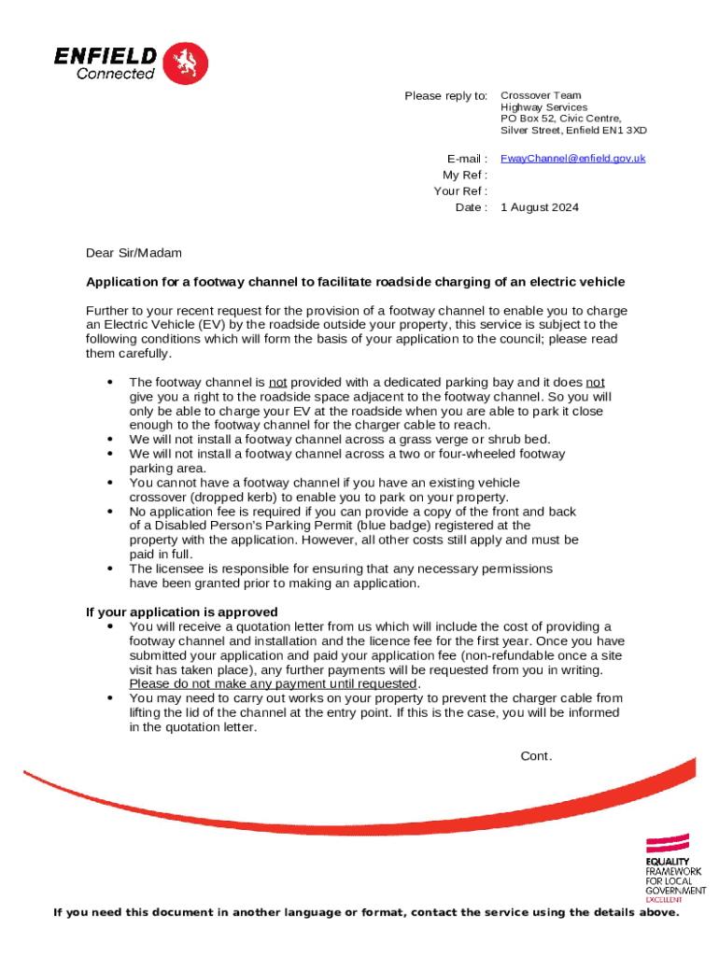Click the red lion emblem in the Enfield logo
click(185, 63)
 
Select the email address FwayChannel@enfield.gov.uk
click(572, 159)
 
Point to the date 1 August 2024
click(540, 207)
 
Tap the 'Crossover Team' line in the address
click(541, 95)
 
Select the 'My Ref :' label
click(465, 176)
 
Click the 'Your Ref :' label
click(460, 191)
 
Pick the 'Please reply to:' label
click(445, 96)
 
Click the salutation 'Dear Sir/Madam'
click(134, 253)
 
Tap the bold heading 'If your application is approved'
click(182, 612)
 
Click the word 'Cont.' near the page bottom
click(536, 756)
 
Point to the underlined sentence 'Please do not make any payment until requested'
click(272, 684)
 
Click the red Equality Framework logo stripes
click(668, 842)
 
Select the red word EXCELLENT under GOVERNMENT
click(664, 900)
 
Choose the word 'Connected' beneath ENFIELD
click(116, 74)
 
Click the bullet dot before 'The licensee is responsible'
click(112, 569)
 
